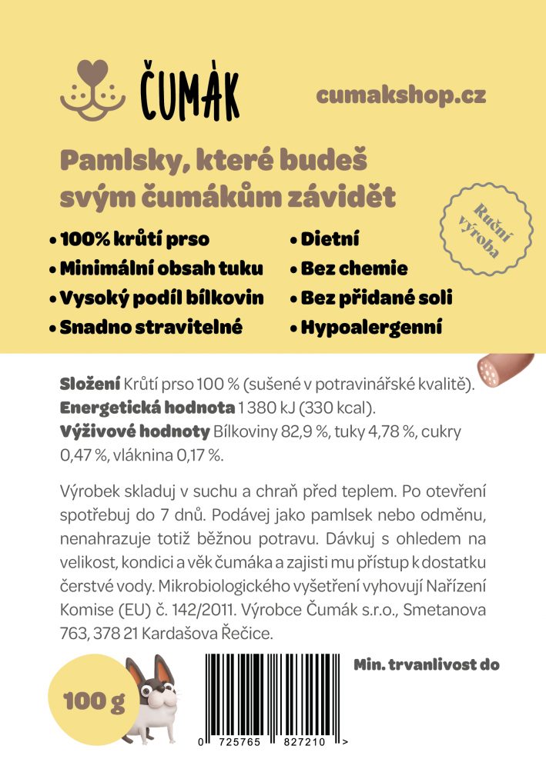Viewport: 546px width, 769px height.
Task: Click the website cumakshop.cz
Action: click(400, 95)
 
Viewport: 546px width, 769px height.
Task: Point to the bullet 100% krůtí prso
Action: click(132, 239)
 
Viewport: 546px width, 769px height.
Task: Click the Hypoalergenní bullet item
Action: click(370, 328)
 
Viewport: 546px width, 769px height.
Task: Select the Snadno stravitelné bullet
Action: click(149, 328)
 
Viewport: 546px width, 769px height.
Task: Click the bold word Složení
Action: click(89, 384)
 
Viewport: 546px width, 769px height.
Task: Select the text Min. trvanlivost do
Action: click(427, 664)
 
